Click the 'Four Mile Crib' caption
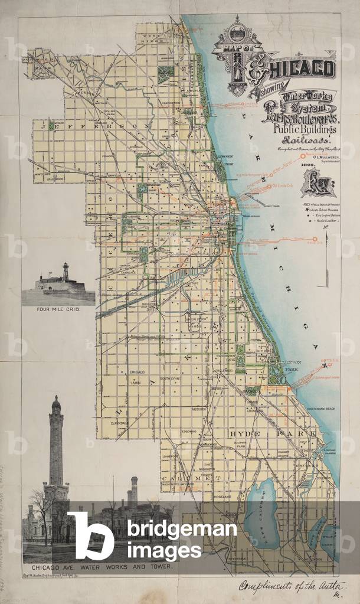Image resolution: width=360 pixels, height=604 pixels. [x=58, y=309]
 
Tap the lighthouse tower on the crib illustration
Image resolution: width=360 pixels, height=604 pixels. [x=66, y=271]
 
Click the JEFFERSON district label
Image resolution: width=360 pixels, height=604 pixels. [x=94, y=125]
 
